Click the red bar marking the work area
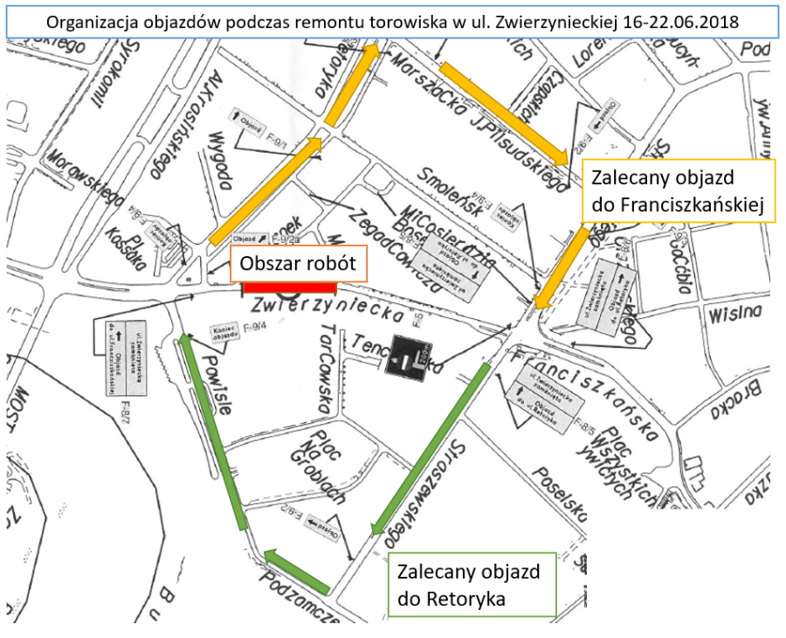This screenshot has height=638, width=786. (x=289, y=287)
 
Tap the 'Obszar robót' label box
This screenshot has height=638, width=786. (x=298, y=263)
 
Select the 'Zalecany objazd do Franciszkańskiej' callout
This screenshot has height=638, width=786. (x=678, y=191)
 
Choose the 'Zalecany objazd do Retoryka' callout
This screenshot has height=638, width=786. (x=472, y=585)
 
